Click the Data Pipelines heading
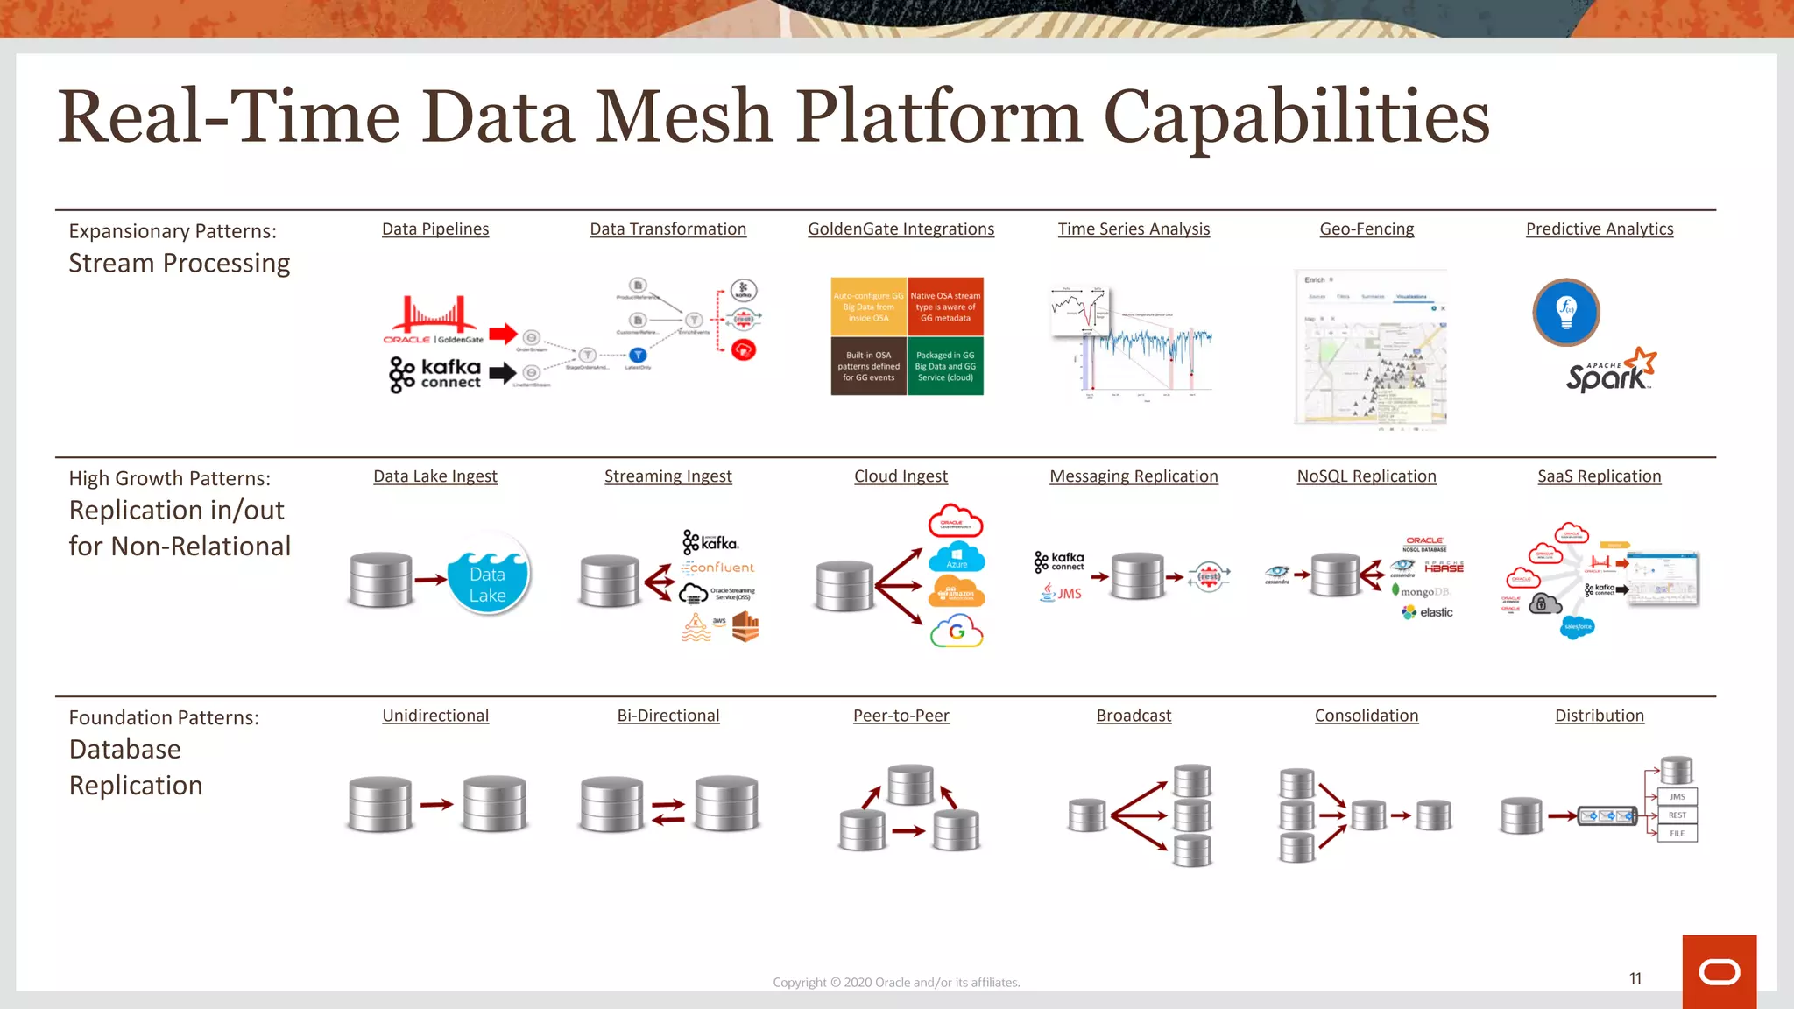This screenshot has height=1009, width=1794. (435, 229)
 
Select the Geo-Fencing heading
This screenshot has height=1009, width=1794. (1367, 229)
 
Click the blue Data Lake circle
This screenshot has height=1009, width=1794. (488, 575)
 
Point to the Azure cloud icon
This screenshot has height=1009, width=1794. (957, 557)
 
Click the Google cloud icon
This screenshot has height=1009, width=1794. (957, 632)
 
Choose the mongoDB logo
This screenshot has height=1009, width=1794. (1423, 591)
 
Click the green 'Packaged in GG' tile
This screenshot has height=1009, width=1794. (945, 367)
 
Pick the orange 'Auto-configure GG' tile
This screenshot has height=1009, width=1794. (868, 307)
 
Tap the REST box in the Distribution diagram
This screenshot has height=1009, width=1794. (1677, 815)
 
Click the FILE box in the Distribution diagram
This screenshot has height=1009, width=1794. (1677, 834)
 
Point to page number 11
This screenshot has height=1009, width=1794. (1635, 979)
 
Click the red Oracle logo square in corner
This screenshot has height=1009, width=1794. (1719, 971)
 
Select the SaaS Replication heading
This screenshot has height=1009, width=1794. (1599, 476)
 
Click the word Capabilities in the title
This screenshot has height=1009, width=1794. (1296, 118)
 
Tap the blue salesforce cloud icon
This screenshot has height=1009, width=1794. (1578, 627)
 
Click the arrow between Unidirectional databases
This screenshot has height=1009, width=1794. (436, 804)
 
